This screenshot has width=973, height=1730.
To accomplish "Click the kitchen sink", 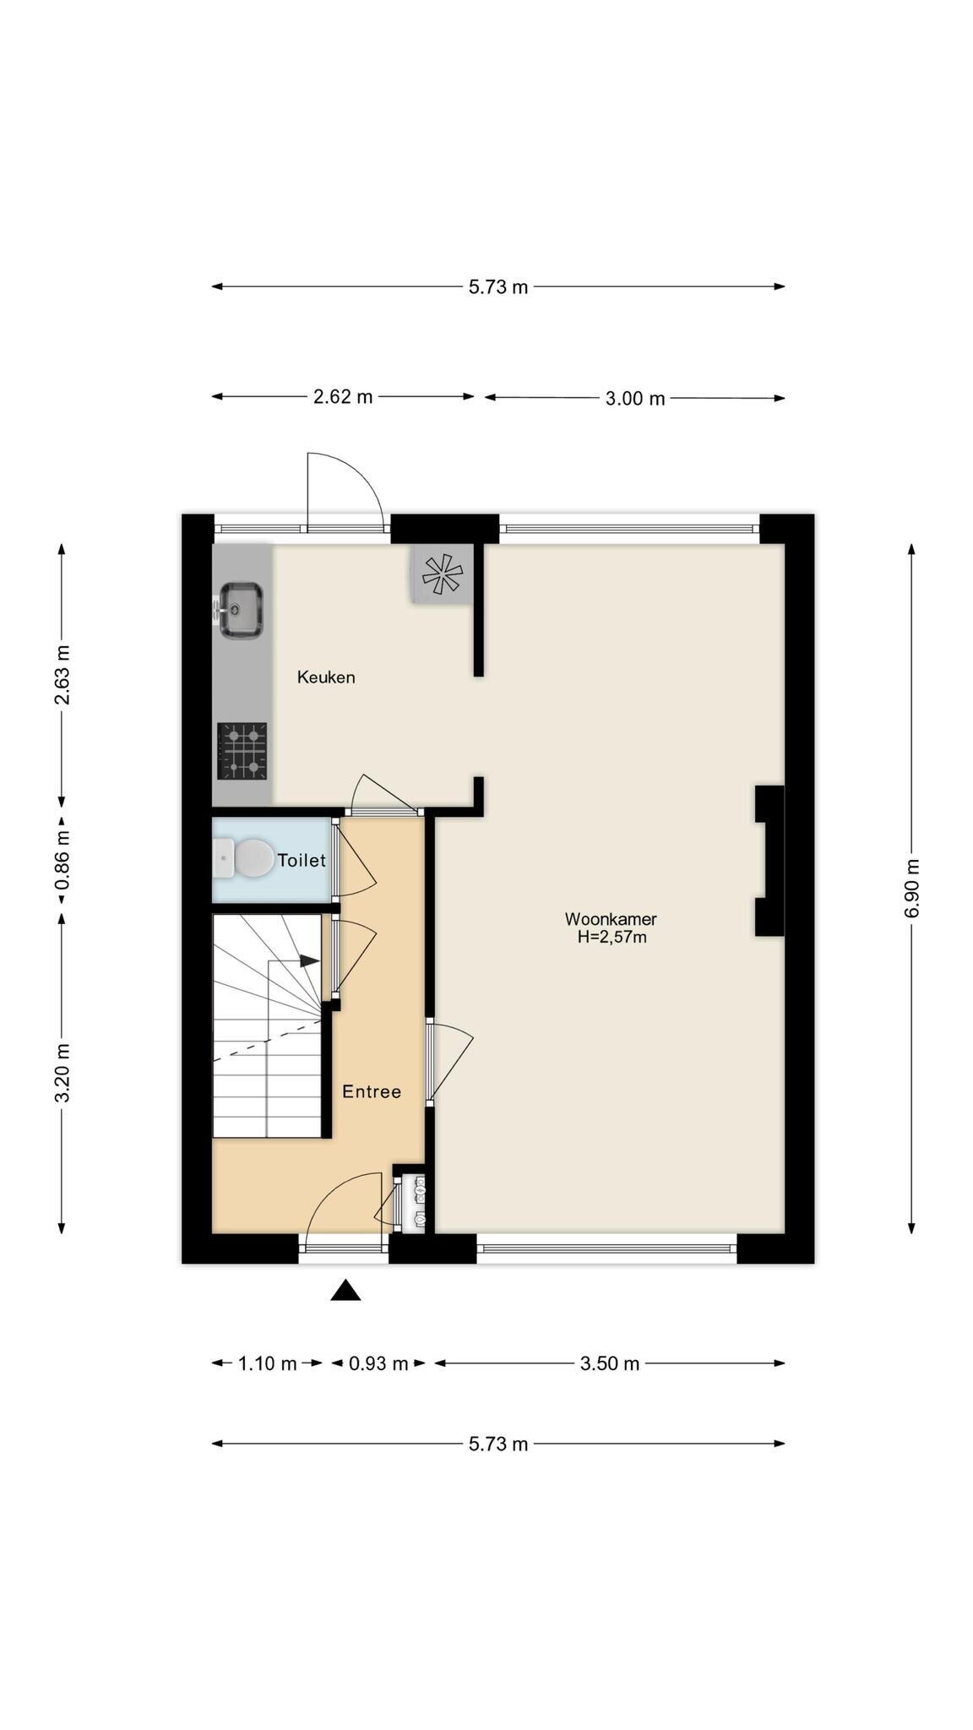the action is pos(241,610).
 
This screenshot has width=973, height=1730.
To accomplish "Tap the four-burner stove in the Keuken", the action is pos(242,750).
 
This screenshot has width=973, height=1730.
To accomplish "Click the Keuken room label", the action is pos(326,677).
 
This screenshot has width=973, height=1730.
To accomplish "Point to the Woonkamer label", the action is pos(611,919).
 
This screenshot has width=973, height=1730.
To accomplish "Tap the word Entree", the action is pos(372,1091).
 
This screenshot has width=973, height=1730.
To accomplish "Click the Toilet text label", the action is pos(302,860).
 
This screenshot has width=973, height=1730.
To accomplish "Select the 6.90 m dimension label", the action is pos(911,887).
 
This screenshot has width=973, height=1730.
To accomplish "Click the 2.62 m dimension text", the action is pos(343,396).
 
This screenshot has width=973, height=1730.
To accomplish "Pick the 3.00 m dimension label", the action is pos(635,399).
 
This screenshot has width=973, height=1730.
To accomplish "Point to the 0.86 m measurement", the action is pos(62,859).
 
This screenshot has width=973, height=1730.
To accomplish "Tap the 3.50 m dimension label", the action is pos(610,1363).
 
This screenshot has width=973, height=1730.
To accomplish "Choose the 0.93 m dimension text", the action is pos(378,1363).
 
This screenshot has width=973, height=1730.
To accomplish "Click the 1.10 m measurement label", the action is pos(268,1363).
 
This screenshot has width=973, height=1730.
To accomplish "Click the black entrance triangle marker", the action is pos(345,1290).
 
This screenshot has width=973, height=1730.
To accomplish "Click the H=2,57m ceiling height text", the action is pos(612,937).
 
